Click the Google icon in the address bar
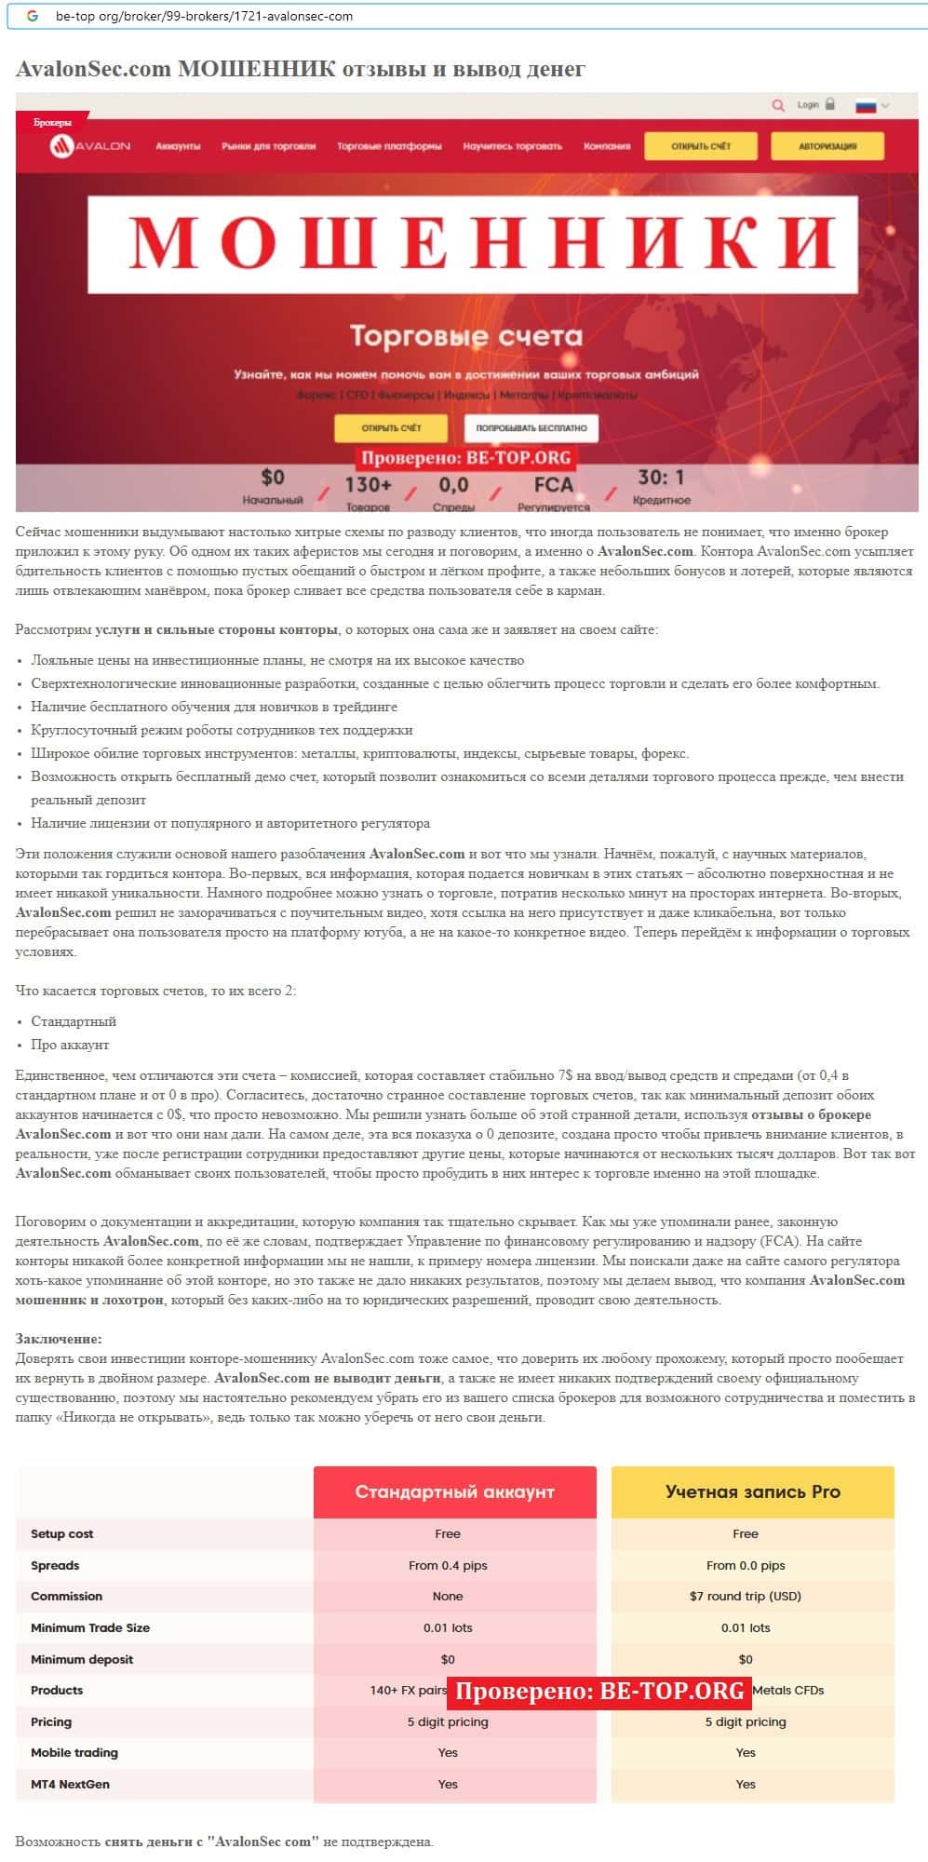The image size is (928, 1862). coord(34,16)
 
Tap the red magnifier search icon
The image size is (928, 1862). coord(778,105)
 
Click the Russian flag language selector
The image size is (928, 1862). coord(871,106)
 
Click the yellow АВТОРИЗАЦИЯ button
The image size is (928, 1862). coord(827,146)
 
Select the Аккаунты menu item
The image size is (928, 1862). coord(178,146)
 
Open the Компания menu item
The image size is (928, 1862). coord(607,146)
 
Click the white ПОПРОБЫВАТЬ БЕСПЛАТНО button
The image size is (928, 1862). coord(531,428)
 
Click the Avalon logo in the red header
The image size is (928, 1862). coord(90,146)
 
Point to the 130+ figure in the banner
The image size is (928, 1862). coord(368,485)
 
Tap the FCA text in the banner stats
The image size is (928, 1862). coord(553,485)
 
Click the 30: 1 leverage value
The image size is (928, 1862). coord(661,479)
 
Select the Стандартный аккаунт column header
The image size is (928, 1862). coord(454,1491)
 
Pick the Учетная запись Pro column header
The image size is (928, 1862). coord(752,1491)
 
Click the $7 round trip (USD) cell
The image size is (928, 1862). coord(745,1596)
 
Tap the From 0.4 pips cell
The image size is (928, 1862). coord(448,1565)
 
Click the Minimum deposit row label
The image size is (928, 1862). coord(82,1659)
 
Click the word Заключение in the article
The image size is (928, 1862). coord(59,1339)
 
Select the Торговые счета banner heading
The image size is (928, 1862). coord(465,336)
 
